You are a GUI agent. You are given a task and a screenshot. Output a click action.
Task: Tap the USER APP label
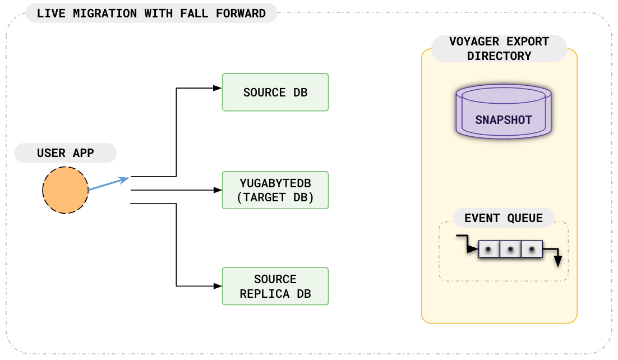(65, 153)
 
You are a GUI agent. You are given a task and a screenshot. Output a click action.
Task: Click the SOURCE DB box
(275, 93)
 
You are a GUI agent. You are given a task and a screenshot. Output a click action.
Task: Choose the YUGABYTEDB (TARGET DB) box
(275, 190)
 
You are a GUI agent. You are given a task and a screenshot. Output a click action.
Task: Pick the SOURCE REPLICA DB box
(275, 286)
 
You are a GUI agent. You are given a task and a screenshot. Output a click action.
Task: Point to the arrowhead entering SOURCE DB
(218, 88)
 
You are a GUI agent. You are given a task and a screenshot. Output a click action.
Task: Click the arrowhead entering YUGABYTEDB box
(218, 190)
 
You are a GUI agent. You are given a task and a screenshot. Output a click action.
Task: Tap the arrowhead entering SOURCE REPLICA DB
(218, 286)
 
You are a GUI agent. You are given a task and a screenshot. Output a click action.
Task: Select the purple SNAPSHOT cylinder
(503, 112)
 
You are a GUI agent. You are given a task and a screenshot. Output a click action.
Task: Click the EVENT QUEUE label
(503, 218)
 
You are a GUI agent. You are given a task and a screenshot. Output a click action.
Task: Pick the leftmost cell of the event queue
(488, 248)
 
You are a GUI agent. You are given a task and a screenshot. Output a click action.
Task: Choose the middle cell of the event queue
(510, 248)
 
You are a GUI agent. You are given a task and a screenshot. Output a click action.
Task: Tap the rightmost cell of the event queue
(531, 248)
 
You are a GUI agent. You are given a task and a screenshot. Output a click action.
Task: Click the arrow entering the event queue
(467, 243)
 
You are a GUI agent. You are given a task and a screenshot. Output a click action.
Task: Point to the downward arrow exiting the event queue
(557, 259)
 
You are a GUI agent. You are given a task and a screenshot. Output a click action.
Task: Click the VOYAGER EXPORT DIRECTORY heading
(499, 49)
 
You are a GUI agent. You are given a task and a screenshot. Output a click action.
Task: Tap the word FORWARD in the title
(241, 13)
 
